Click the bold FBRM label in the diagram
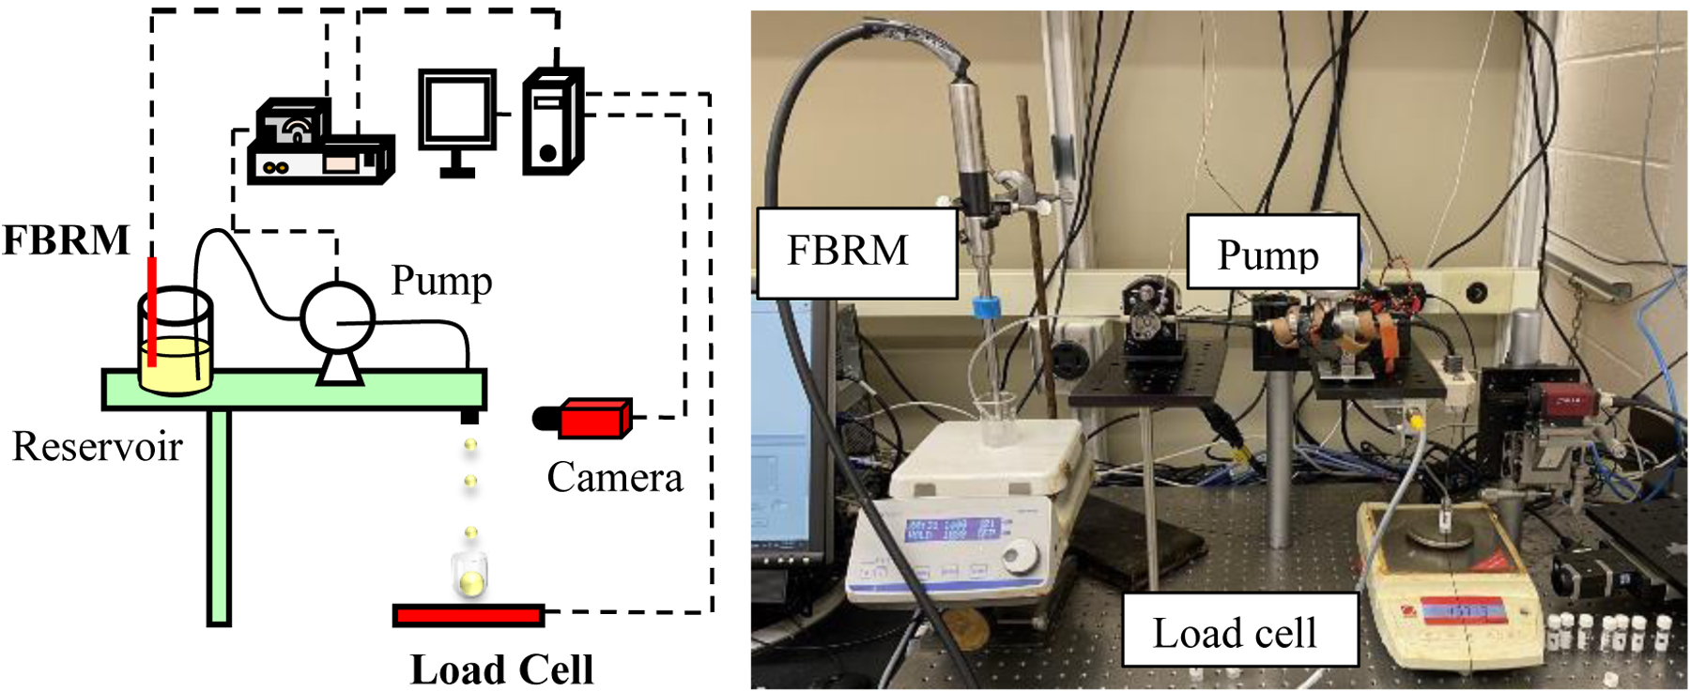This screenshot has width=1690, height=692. click(x=66, y=240)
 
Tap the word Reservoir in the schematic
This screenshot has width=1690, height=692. click(x=97, y=447)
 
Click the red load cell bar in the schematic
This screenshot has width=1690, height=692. click(x=469, y=615)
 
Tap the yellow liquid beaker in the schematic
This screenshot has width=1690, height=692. click(x=175, y=361)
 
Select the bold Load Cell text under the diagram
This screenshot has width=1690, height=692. click(x=502, y=670)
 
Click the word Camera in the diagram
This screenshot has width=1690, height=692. click(x=615, y=478)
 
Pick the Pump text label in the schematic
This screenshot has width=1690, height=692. click(x=441, y=281)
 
